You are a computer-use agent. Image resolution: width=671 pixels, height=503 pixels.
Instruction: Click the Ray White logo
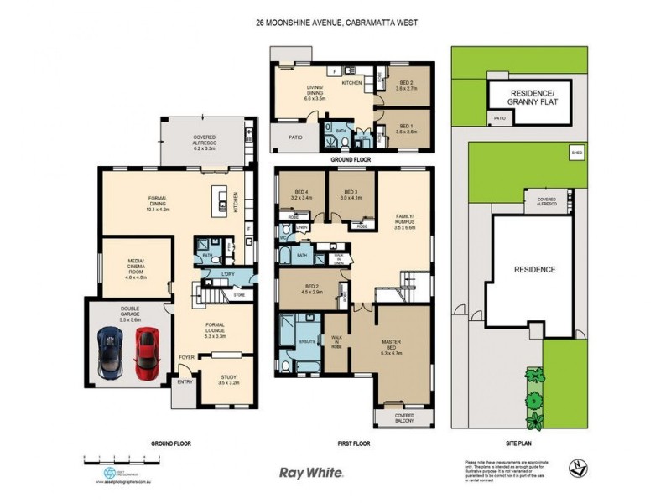310,473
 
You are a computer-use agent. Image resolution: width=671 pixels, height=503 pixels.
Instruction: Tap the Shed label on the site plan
576,153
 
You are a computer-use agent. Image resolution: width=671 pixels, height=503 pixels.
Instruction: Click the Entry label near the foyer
183,382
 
